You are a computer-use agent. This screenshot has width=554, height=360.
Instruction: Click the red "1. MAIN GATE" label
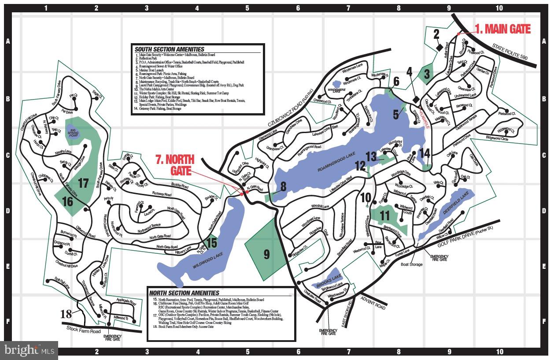(x=502, y=30)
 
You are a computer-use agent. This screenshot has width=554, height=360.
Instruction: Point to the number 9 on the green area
(x=266, y=254)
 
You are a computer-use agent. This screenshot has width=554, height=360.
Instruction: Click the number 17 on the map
(x=83, y=182)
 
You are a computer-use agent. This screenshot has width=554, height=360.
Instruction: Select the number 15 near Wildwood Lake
(x=211, y=243)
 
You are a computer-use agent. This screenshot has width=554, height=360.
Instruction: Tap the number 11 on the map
(x=385, y=216)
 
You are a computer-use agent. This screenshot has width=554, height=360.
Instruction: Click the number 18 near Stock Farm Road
(x=66, y=314)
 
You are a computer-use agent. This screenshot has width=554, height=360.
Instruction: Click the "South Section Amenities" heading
(x=169, y=49)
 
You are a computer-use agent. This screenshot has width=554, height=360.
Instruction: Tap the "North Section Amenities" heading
(x=184, y=293)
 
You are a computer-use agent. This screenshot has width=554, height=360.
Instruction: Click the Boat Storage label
(x=411, y=264)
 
